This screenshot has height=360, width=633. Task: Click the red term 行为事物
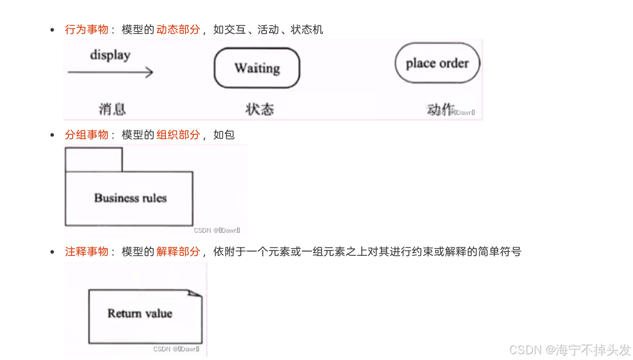pyautogui.click(x=86, y=29)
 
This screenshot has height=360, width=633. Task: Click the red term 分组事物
pyautogui.click(x=86, y=135)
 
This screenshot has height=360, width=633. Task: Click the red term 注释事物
pyautogui.click(x=86, y=252)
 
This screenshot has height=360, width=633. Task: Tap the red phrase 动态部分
pyautogui.click(x=178, y=29)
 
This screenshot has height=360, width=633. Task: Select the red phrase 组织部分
pyautogui.click(x=178, y=135)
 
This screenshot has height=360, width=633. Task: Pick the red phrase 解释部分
pyautogui.click(x=178, y=252)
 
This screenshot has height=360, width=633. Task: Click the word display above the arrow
pyautogui.click(x=110, y=55)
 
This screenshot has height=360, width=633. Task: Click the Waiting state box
pyautogui.click(x=257, y=68)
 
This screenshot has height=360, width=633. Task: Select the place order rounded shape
pyautogui.click(x=437, y=63)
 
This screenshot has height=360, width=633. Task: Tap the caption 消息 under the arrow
pyautogui.click(x=112, y=109)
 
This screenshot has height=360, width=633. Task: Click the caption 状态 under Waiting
pyautogui.click(x=260, y=109)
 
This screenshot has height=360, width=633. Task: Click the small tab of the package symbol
pyautogui.click(x=93, y=159)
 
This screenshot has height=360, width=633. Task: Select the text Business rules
pyautogui.click(x=130, y=198)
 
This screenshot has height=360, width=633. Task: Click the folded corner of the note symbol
pyautogui.click(x=196, y=293)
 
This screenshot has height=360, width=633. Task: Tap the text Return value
pyautogui.click(x=140, y=314)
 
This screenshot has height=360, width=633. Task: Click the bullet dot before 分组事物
pyautogui.click(x=52, y=135)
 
